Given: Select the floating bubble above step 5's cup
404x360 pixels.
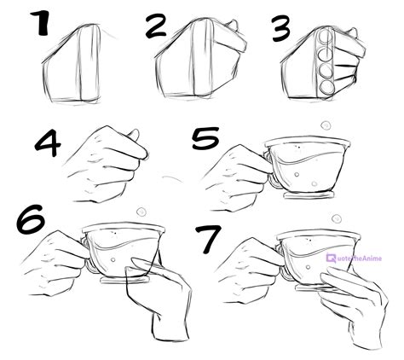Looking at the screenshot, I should pos(324,126).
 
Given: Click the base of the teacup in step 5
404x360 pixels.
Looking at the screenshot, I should pos(303,192).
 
